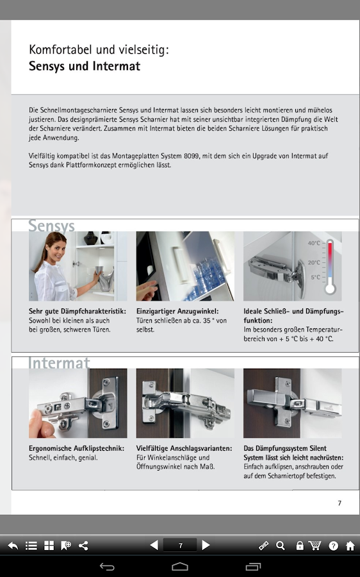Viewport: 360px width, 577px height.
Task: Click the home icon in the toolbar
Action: pos(350,546)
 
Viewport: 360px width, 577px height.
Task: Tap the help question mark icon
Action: pos(333,546)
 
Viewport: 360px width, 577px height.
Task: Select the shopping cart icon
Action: pos(315,546)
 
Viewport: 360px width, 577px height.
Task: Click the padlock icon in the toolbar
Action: pos(300,546)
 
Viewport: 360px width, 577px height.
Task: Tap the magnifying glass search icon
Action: pos(281,546)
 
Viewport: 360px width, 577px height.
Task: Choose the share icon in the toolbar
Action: pos(83,546)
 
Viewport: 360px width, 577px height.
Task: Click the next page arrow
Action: pos(206,545)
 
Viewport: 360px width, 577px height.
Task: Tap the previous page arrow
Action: pos(154,545)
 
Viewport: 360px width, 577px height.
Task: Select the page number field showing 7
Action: pos(180,546)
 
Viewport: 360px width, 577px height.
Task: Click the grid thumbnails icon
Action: pos(49,546)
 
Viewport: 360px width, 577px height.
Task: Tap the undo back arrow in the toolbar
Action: pos(13,546)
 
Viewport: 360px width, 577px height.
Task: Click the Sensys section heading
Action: pos(51,226)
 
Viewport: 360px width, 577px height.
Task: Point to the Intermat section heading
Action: pos(59,363)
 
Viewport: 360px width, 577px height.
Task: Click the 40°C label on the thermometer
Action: pos(314,243)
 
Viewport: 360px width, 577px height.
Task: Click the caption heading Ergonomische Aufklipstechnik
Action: pos(76,448)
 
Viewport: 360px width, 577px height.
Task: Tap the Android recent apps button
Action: pos(253,567)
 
